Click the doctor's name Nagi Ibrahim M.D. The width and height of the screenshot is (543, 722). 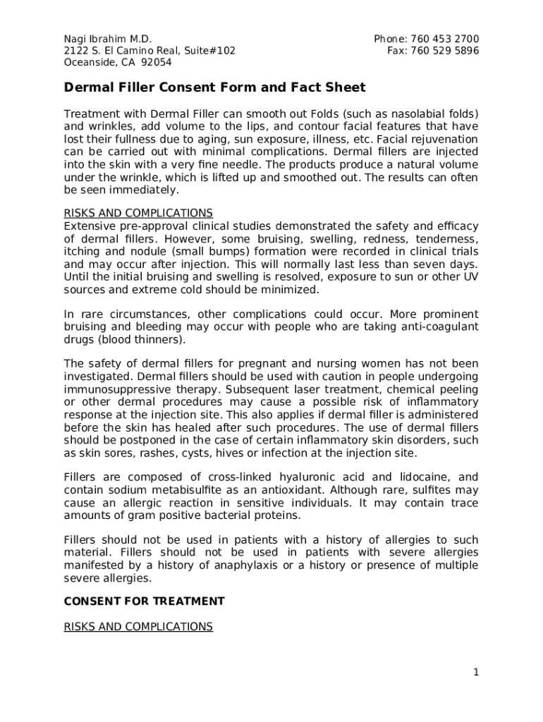click(x=108, y=39)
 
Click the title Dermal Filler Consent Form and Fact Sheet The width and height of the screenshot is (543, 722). click(x=215, y=87)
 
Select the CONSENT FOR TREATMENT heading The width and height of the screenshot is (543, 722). click(x=145, y=601)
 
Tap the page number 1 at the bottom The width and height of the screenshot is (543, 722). click(x=476, y=673)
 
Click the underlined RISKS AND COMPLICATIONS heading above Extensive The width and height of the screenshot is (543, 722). click(x=138, y=213)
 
